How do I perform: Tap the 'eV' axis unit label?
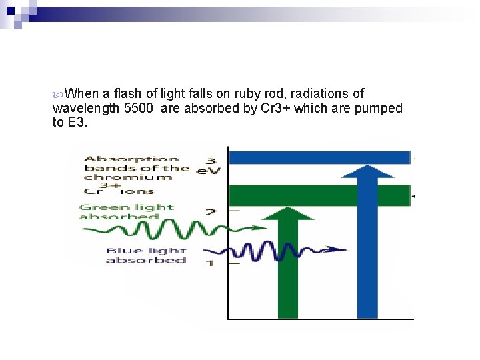point(204,171)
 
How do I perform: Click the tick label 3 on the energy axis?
point(210,161)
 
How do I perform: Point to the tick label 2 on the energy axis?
point(211,212)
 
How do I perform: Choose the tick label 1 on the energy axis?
point(210,263)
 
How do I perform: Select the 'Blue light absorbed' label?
point(145,255)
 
